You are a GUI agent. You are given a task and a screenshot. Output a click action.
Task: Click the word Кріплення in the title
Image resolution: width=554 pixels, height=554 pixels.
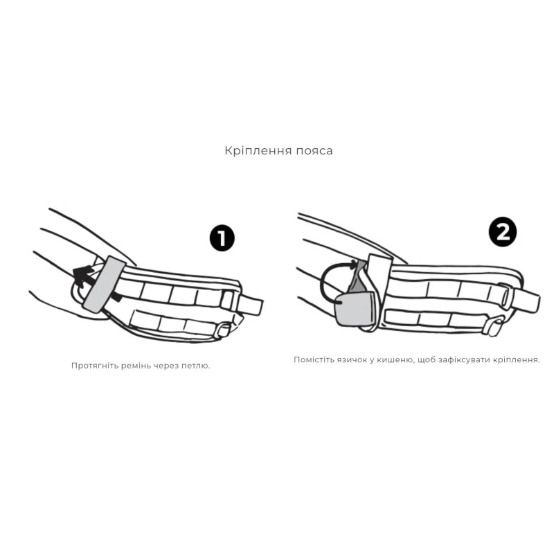pos(258,151)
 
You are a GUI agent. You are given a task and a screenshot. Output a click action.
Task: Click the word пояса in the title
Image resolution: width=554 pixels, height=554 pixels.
pos(314,152)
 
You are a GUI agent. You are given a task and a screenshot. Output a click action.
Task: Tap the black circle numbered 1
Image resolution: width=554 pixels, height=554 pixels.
pos(222,238)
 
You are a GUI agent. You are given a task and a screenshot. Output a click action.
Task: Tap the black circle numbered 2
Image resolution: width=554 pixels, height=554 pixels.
pos(503,233)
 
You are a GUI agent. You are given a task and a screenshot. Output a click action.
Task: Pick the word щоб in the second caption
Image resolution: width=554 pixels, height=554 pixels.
pos(426,360)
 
